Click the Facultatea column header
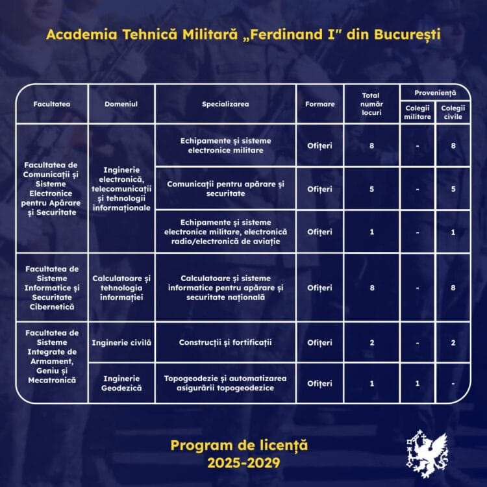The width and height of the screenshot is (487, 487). coord(52,104)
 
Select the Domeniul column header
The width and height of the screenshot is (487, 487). coord(121,104)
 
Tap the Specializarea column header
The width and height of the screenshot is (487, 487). coord(225,104)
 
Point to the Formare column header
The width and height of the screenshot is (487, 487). coord(319,104)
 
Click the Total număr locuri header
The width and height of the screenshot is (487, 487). coord(371,104)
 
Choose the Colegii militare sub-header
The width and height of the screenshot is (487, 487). coord(417,112)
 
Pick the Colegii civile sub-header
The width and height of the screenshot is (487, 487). coord(453,112)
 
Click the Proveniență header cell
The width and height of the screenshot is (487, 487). coord(435,93)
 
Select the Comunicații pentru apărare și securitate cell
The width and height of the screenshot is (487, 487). coord(225,189)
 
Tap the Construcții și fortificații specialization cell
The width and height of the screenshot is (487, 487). coord(225,342)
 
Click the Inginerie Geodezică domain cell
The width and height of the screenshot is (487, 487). coord(121,383)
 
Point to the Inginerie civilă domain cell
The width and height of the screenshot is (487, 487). coord(121,342)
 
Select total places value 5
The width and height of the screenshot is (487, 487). coord(371,189)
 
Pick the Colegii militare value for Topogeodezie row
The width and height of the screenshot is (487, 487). coord(417,383)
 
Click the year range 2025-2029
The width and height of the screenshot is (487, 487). coord(243,463)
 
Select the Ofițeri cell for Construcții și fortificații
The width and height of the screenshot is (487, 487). coord(319,342)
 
